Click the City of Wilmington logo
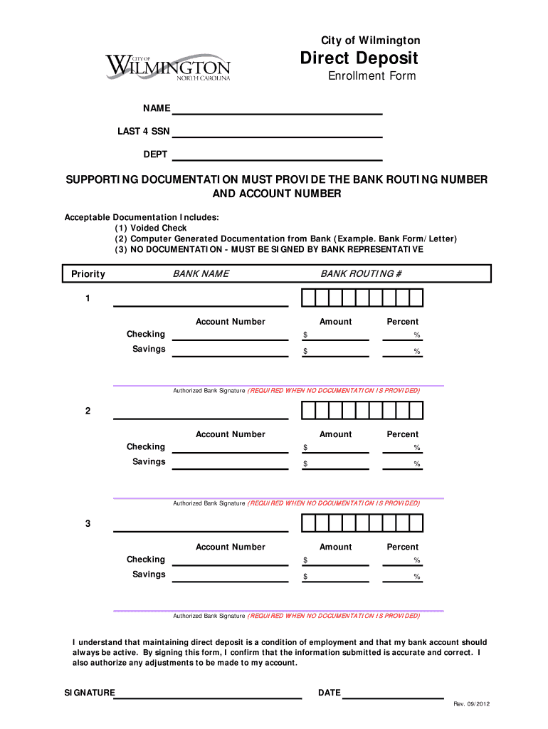tap(168, 68)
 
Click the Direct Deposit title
tap(359, 58)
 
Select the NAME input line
tap(278, 110)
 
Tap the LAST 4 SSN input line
tap(278, 132)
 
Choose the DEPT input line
tap(278, 155)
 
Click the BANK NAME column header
tap(201, 274)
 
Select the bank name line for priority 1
tap(201, 301)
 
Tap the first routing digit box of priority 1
tap(307, 298)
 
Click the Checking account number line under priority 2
tap(231, 448)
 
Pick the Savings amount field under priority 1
tap(336, 351)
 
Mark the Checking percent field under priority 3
tap(403, 561)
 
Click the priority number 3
tap(88, 524)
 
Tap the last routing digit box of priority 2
tap(416, 411)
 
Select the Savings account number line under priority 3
tap(231, 576)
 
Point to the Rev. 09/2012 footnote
tap(472, 705)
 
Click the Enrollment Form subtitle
tap(372, 76)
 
